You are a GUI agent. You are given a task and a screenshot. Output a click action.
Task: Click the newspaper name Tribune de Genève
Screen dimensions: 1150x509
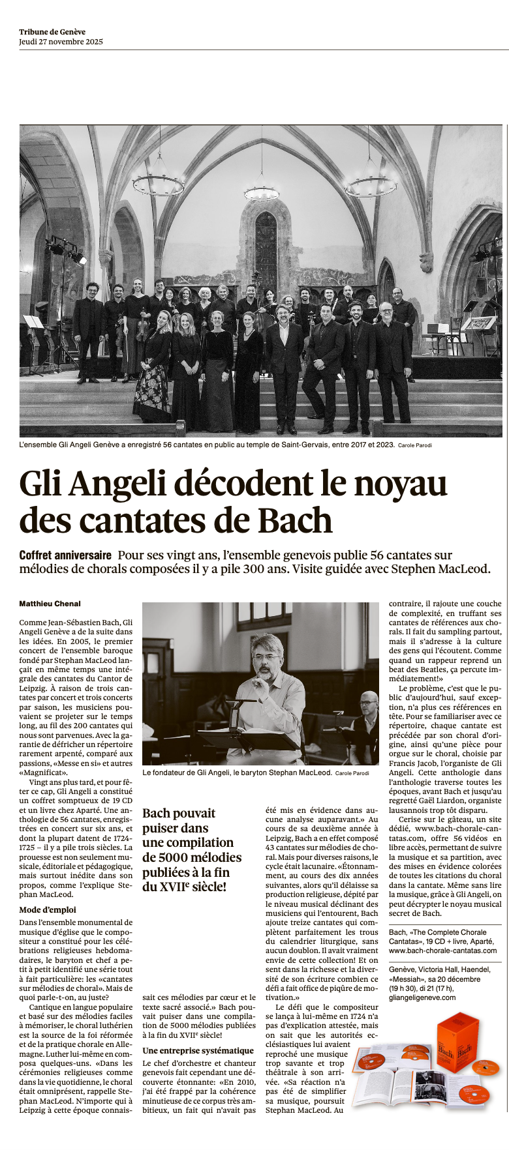[52, 32]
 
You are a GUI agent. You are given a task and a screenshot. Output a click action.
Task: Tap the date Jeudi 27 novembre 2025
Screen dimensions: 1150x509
[61, 42]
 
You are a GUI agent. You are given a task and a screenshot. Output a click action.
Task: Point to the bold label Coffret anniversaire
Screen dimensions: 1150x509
[65, 555]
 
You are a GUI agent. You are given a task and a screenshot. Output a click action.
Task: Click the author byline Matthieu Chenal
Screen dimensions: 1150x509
[50, 604]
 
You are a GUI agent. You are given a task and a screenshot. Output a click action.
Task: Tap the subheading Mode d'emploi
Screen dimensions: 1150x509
[48, 909]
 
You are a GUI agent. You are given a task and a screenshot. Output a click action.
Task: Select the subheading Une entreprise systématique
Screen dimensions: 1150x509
[198, 1050]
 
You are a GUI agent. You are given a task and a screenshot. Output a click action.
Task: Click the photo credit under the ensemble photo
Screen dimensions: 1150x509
[414, 446]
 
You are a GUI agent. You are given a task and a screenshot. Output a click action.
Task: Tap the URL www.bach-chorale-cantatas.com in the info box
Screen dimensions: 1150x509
[442, 951]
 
